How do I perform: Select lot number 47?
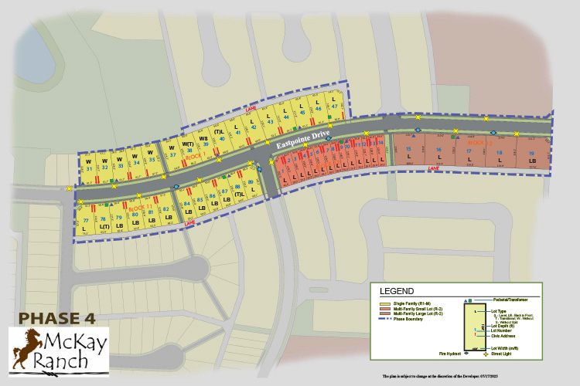[334, 108]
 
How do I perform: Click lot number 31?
[90, 168]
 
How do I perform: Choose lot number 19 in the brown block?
[531, 153]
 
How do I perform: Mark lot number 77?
[85, 220]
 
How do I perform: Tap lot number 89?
[251, 183]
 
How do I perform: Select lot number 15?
[408, 149]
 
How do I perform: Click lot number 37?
[172, 155]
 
